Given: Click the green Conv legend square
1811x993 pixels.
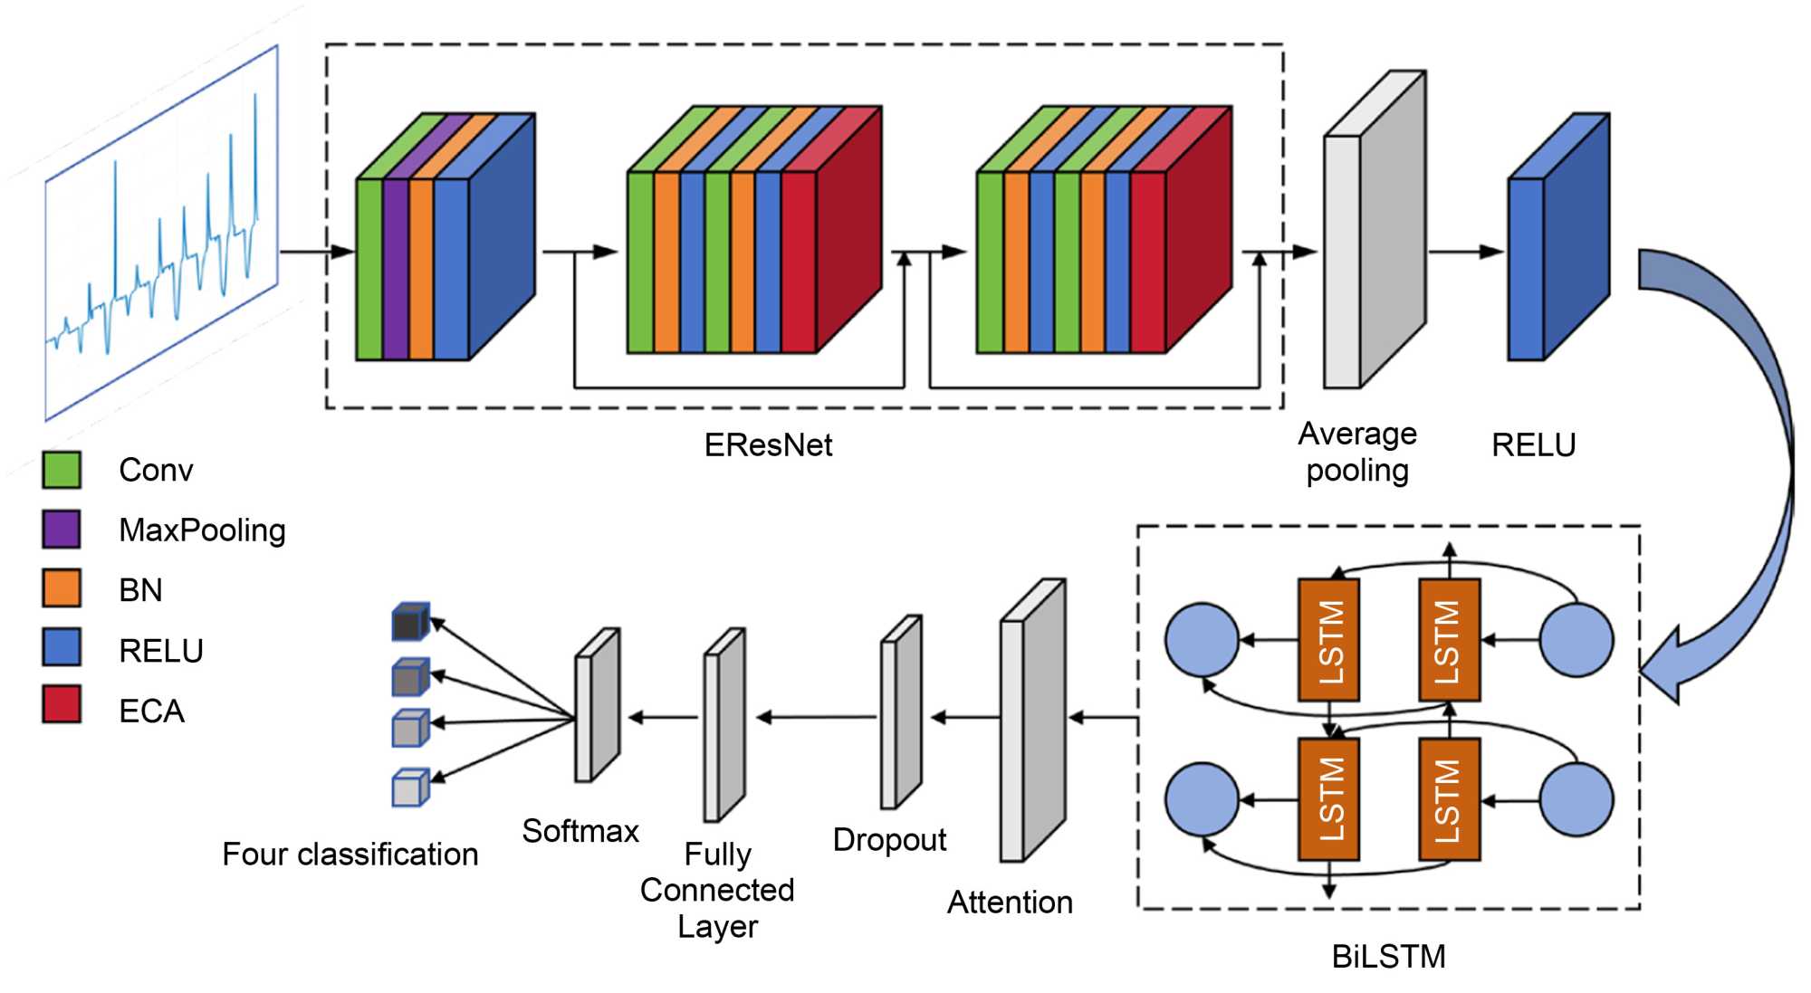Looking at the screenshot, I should [62, 470].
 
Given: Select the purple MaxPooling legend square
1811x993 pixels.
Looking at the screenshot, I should [62, 530].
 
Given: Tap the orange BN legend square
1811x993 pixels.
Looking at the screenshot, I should [62, 588].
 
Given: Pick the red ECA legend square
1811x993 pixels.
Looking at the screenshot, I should [62, 704].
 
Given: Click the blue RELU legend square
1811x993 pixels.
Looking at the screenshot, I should [62, 647].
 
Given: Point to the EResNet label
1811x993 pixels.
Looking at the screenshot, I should [768, 445].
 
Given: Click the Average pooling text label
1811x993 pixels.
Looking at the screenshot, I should [1356, 453].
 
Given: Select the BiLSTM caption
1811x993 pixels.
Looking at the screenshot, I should [1388, 957].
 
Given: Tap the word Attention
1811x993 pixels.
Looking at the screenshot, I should [1010, 902].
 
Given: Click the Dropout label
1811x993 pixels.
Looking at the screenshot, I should [889, 840].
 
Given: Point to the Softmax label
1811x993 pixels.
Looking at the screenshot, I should [580, 831].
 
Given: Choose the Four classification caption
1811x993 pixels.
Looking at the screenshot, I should [350, 855].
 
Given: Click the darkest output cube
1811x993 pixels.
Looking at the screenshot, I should [409, 623].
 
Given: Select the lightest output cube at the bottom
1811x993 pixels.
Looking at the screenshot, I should [409, 788].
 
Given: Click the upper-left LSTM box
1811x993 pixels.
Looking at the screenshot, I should [1328, 641].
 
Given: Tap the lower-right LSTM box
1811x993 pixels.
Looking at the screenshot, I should [1449, 800].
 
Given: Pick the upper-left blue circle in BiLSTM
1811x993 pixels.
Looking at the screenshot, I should [1202, 640].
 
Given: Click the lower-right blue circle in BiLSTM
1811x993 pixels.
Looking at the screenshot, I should [1576, 800].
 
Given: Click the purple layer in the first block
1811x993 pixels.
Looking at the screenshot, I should [396, 269].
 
